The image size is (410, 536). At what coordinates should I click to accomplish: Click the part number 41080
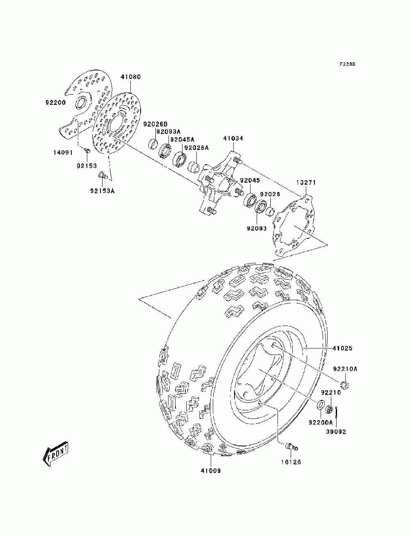click(130, 77)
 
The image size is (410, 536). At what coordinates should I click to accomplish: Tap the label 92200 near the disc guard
click(55, 102)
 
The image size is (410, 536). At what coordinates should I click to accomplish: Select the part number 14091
click(63, 153)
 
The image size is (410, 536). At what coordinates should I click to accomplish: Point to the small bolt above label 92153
click(87, 150)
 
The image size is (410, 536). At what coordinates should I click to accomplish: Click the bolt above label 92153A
click(102, 175)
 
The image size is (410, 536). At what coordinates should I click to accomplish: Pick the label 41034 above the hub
click(233, 138)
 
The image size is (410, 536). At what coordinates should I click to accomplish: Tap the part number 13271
click(306, 183)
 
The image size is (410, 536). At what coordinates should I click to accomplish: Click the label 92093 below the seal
click(257, 228)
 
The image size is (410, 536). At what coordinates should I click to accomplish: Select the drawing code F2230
click(347, 64)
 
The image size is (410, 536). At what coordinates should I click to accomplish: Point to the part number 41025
click(342, 348)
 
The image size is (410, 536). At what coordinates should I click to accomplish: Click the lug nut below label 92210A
click(345, 386)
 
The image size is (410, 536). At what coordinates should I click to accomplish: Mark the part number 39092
click(336, 432)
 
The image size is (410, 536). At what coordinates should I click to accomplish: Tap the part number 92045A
click(182, 140)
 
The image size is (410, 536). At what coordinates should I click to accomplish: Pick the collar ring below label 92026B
click(153, 144)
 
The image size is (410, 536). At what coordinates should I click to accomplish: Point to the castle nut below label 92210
click(330, 409)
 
